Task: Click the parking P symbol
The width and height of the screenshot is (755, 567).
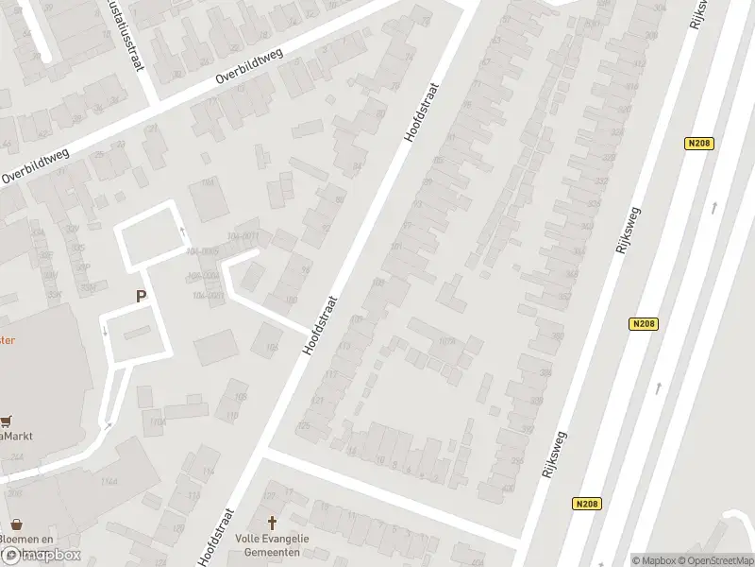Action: click(141, 296)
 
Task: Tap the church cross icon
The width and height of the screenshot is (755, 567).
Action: click(274, 523)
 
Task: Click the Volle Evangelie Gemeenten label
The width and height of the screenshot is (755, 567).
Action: click(274, 545)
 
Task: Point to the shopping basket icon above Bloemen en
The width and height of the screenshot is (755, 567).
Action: click(16, 523)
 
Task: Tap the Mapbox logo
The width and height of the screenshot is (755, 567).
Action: click(40, 555)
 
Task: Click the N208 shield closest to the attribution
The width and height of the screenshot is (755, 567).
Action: click(585, 505)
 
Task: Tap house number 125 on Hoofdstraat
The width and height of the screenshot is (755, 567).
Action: click(304, 425)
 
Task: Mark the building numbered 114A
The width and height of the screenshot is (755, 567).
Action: click(156, 421)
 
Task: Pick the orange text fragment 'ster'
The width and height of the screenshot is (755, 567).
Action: click(8, 341)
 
